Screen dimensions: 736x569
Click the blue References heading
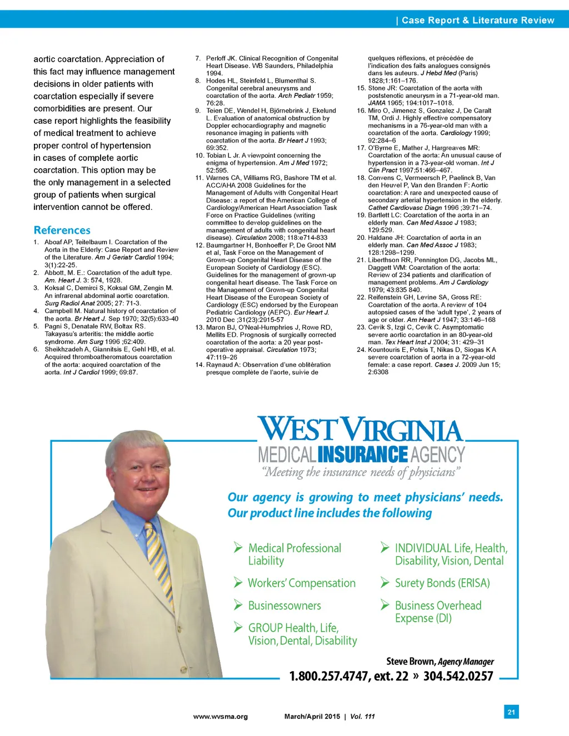tap(62, 230)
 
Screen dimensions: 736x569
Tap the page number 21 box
tap(511, 712)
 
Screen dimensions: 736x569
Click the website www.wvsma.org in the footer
tap(220, 717)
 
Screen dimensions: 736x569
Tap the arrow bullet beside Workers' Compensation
tap(238, 582)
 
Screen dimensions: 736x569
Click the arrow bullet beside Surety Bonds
tap(385, 582)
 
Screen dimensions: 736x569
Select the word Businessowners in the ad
tap(284, 606)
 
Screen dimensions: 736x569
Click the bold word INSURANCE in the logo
tap(363, 455)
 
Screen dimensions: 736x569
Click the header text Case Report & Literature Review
tap(477, 21)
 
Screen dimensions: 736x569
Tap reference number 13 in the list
tap(199, 327)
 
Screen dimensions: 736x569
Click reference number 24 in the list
tap(361, 350)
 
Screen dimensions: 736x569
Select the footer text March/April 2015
tap(312, 717)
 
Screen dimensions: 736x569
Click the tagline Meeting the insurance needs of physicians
tap(361, 472)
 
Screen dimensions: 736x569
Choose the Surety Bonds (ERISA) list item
tap(442, 583)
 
